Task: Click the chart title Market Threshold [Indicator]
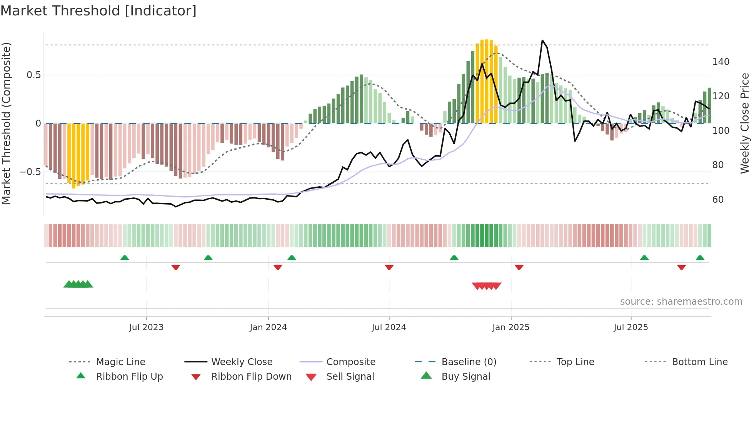tap(98, 11)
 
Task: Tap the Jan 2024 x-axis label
tap(268, 327)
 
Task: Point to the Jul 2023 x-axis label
tap(146, 327)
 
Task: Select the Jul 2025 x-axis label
tap(631, 327)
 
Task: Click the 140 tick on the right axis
tap(721, 62)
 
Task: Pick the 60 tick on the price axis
tap(718, 200)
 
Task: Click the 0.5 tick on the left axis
tap(33, 75)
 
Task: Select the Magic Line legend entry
tap(120, 362)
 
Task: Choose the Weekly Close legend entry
tap(242, 362)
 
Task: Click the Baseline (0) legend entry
tap(469, 362)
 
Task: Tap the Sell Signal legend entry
tap(350, 377)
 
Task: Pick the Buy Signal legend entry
tap(465, 377)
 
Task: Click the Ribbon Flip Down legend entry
tap(251, 377)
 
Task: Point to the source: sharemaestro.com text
tap(681, 302)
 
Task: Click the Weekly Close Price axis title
tap(745, 123)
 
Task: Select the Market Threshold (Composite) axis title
tap(6, 123)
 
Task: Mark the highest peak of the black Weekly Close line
tap(542, 40)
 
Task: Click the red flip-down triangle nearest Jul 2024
tap(389, 267)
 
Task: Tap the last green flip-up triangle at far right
tap(700, 258)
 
